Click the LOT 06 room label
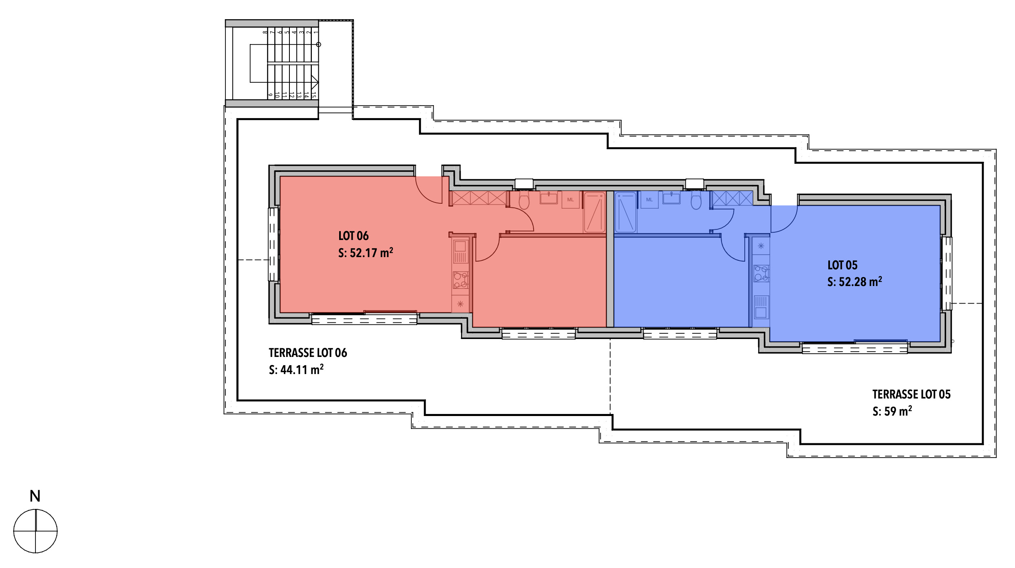point(353,236)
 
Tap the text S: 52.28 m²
point(854,282)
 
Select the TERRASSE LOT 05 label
point(911,394)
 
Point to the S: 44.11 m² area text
point(296,370)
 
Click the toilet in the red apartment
point(524,200)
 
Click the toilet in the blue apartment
point(696,201)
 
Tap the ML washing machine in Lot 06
point(570,200)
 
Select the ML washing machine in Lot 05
point(649,200)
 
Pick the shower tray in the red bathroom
point(594,212)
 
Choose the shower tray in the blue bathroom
point(625,212)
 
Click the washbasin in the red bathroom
point(549,198)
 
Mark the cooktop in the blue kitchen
point(761,273)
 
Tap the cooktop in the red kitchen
point(461,280)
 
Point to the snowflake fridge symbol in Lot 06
point(460,304)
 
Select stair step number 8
point(265,32)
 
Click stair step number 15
point(313,95)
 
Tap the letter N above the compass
point(35,496)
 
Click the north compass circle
point(35,531)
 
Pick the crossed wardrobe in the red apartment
point(479,198)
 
